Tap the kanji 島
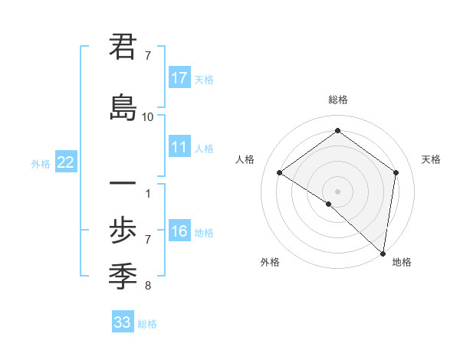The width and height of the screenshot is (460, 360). click(x=123, y=106)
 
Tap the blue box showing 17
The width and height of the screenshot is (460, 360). click(x=179, y=78)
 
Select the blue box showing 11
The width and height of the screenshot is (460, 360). click(x=179, y=147)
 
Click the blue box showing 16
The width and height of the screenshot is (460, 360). click(x=179, y=231)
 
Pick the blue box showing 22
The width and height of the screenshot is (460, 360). click(x=66, y=162)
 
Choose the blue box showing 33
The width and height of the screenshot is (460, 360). click(x=123, y=322)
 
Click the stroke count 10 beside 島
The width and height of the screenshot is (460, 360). click(x=148, y=116)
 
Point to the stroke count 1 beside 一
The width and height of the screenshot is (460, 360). click(x=148, y=193)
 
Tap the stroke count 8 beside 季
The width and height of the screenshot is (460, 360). click(x=148, y=286)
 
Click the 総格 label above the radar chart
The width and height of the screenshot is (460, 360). click(x=337, y=100)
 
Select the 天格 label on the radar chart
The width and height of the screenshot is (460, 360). click(x=432, y=159)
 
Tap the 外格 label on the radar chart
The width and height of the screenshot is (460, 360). click(x=270, y=263)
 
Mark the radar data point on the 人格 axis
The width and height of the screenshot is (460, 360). click(x=280, y=172)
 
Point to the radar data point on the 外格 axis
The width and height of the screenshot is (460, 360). click(x=329, y=204)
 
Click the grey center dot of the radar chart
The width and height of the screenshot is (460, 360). click(x=337, y=191)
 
